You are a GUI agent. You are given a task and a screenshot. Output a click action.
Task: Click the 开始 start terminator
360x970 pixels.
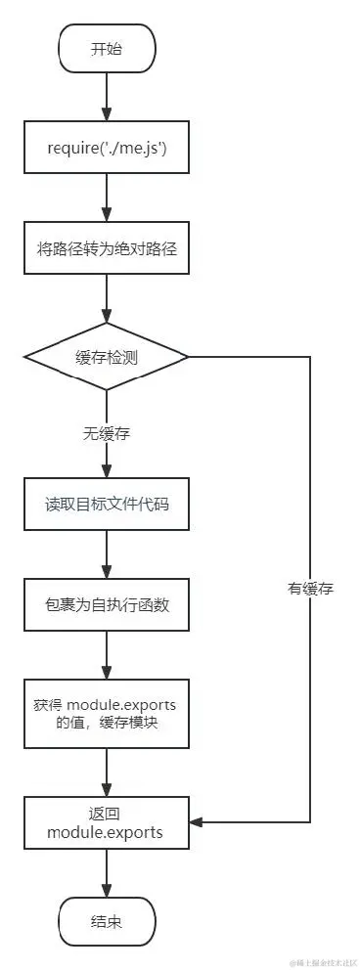coord(108,48)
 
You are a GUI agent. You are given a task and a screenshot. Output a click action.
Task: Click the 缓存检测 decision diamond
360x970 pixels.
coord(108,357)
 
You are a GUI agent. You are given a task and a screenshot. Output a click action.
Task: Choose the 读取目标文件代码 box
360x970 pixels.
coord(108,506)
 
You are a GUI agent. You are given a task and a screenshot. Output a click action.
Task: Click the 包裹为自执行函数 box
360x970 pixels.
coord(108,604)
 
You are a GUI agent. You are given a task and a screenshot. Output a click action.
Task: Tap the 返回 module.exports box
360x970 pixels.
coord(108,821)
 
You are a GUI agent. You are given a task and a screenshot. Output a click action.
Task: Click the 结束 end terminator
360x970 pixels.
coord(108,920)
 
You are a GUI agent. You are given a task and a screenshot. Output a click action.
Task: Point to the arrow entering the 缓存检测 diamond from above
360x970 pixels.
coord(108,298)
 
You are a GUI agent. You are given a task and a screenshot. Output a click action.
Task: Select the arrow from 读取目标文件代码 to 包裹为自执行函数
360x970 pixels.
coord(108,555)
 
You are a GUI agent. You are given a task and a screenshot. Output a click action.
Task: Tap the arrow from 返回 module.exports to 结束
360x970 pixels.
coord(108,870)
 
